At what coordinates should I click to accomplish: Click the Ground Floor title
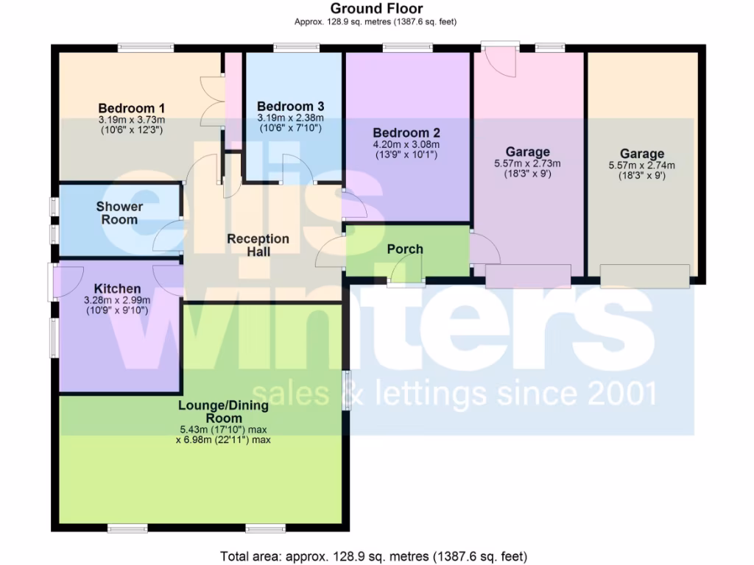tap(376, 9)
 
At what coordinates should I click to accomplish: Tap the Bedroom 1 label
tap(131, 107)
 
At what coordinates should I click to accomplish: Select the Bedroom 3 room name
tap(290, 107)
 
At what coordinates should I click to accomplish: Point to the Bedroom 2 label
tap(406, 133)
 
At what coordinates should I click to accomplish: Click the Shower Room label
tap(119, 213)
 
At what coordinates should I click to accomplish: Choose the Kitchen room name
tap(118, 288)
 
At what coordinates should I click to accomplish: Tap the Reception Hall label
tap(258, 245)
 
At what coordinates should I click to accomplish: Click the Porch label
tap(405, 249)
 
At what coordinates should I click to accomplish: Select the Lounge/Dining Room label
tap(223, 411)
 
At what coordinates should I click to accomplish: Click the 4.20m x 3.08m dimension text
tap(406, 145)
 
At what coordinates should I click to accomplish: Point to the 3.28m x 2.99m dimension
tap(118, 300)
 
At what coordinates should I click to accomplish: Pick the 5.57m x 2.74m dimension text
tap(641, 166)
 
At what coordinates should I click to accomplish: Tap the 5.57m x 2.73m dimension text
tap(527, 163)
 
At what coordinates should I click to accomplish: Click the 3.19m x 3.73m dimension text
tap(131, 119)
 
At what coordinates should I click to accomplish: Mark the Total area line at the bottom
tap(374, 555)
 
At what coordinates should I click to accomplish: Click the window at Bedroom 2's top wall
tap(406, 49)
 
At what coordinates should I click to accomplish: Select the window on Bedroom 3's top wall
tap(297, 49)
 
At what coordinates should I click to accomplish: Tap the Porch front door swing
tap(406, 274)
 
